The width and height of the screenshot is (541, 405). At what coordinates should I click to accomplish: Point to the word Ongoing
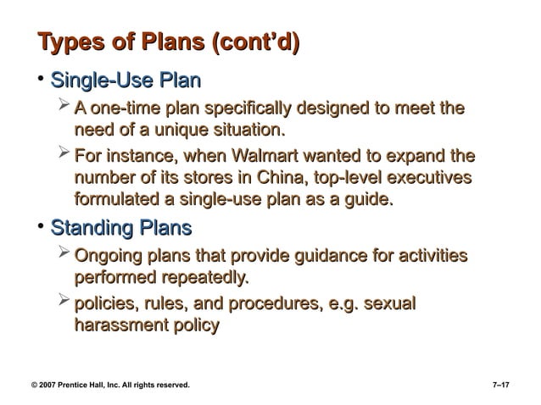coord(108,257)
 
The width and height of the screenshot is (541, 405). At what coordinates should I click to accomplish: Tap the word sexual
coord(391,303)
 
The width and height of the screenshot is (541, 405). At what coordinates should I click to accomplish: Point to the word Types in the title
coord(65,42)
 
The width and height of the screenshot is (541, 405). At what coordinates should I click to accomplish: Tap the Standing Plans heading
coord(122,229)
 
